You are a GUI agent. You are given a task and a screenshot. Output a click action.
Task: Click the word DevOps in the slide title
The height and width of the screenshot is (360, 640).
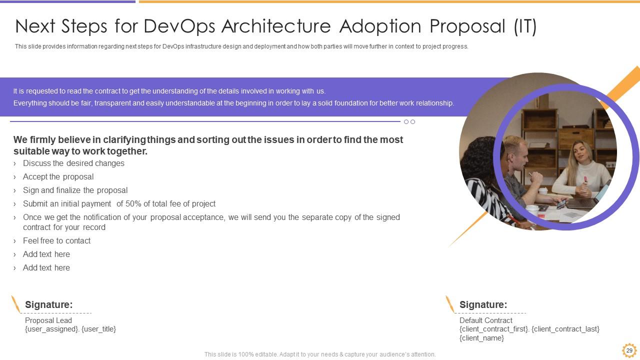[x=179, y=26]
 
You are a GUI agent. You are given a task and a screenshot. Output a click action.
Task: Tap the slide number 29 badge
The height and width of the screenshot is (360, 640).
[x=629, y=350]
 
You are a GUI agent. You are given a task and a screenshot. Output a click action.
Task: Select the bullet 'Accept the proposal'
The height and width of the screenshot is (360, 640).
[x=58, y=177]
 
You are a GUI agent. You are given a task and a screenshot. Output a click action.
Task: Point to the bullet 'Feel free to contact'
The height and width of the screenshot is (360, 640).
[x=56, y=241]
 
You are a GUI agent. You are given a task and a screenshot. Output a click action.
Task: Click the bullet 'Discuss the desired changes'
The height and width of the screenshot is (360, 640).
[x=73, y=163]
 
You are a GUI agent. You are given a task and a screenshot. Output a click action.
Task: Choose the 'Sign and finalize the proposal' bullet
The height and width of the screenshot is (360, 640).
[x=75, y=190]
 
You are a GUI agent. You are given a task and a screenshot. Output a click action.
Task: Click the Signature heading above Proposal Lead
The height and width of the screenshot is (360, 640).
[x=49, y=304]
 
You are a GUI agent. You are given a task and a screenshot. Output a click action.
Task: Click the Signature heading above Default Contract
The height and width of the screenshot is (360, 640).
[x=483, y=304]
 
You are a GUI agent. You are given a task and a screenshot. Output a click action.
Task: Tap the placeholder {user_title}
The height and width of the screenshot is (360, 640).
[x=99, y=329]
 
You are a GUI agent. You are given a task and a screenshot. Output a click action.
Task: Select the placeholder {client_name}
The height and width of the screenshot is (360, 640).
[x=481, y=338]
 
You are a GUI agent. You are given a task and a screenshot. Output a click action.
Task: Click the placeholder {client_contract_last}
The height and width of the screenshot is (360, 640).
[x=565, y=329]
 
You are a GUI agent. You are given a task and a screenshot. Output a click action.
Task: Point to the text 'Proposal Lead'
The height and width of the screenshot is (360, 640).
[x=48, y=320]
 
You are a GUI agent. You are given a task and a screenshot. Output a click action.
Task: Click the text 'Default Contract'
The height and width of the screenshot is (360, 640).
[x=485, y=320]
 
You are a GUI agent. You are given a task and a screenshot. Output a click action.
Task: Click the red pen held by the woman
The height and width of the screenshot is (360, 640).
[x=585, y=180]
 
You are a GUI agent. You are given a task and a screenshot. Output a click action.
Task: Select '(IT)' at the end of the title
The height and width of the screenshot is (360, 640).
[x=525, y=26]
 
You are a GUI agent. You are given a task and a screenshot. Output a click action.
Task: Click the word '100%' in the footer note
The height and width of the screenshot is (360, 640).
[x=246, y=354]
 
